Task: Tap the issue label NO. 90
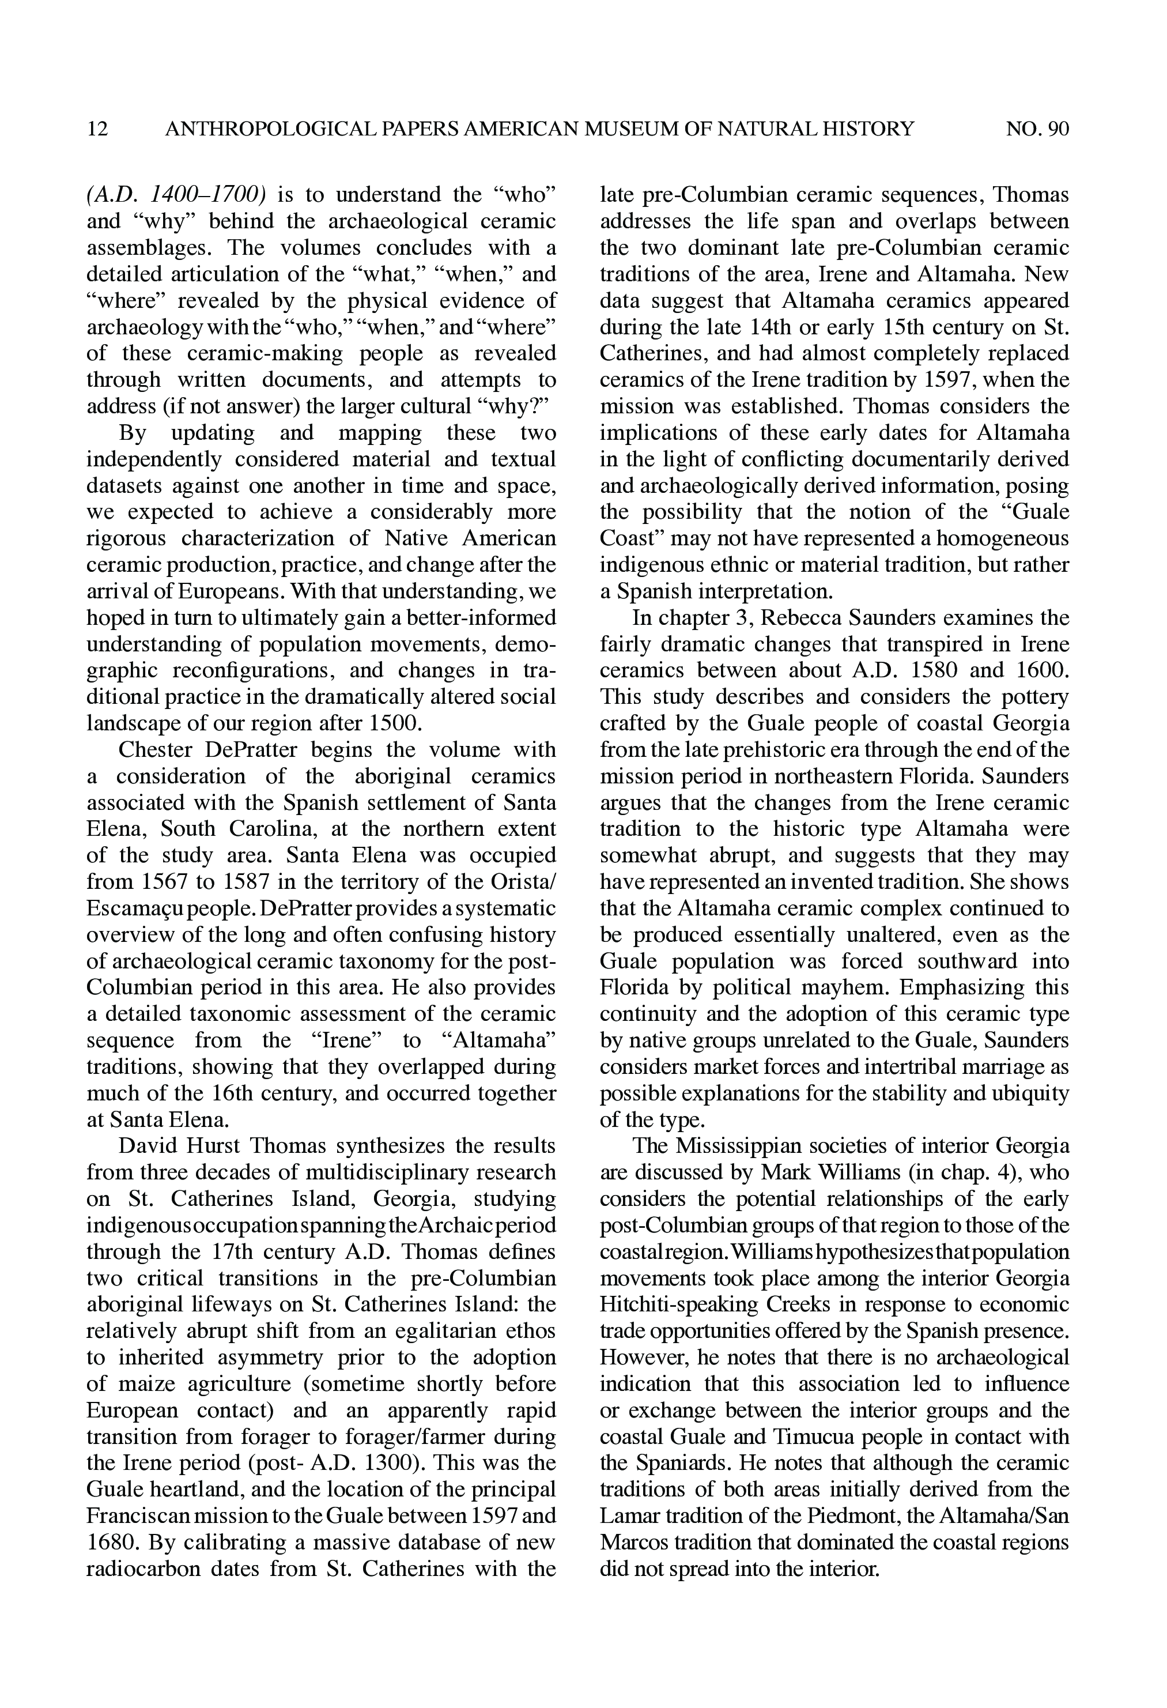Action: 1037,129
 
